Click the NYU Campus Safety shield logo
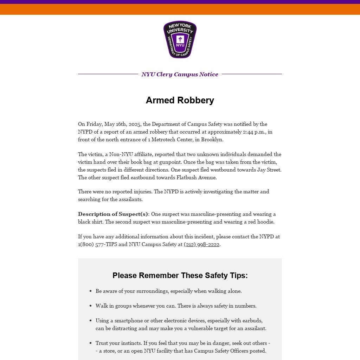pyautogui.click(x=180, y=39)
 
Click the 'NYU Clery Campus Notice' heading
pyautogui.click(x=180, y=74)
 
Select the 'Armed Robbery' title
pyautogui.click(x=180, y=100)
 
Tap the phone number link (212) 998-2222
pyautogui.click(x=201, y=244)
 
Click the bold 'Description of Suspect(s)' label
pyautogui.click(x=113, y=214)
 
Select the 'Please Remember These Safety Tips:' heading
pyautogui.click(x=180, y=275)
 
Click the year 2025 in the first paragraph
pyautogui.click(x=135, y=124)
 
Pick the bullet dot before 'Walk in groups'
pyautogui.click(x=91, y=306)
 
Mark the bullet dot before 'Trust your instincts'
pyautogui.click(x=91, y=343)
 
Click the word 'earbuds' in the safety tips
pyautogui.click(x=252, y=321)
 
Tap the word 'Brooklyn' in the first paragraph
pyautogui.click(x=212, y=140)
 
